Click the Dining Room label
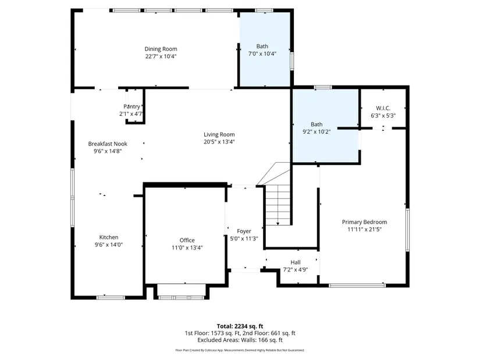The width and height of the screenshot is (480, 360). (161, 49)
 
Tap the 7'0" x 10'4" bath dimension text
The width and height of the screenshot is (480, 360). (262, 54)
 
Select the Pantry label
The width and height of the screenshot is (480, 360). (131, 106)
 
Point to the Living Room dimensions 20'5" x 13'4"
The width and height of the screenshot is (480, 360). (219, 142)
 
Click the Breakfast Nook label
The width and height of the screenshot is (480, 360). (108, 144)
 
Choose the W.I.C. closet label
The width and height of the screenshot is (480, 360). (383, 108)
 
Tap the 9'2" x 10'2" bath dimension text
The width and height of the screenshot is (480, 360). (317, 132)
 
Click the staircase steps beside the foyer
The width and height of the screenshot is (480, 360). (278, 205)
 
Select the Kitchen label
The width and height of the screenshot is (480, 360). (109, 237)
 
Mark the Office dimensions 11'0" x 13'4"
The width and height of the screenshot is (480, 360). (187, 248)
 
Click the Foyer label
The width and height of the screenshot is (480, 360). (244, 231)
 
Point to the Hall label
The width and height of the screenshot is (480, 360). (296, 262)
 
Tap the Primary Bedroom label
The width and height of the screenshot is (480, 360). (365, 222)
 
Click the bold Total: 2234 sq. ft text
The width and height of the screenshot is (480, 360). (240, 326)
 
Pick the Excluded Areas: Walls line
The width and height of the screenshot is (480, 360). (240, 340)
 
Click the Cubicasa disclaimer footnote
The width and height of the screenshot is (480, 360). (240, 350)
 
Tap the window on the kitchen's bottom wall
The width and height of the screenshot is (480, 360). (111, 298)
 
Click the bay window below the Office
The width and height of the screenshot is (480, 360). (181, 298)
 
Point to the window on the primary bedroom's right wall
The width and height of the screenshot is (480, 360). (407, 230)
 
